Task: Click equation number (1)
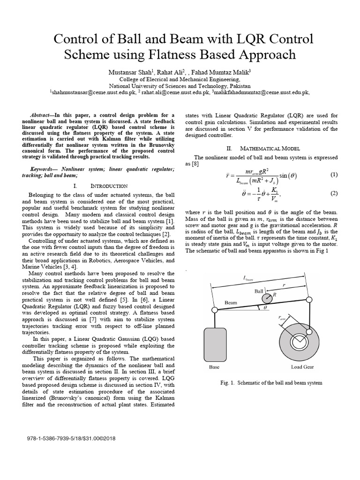click(x=334, y=175)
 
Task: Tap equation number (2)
click(x=334, y=193)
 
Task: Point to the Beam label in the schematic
click(x=231, y=303)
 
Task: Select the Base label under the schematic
click(x=214, y=367)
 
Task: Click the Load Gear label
click(x=302, y=367)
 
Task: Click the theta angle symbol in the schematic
click(x=265, y=309)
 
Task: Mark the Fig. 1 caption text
click(x=271, y=383)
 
